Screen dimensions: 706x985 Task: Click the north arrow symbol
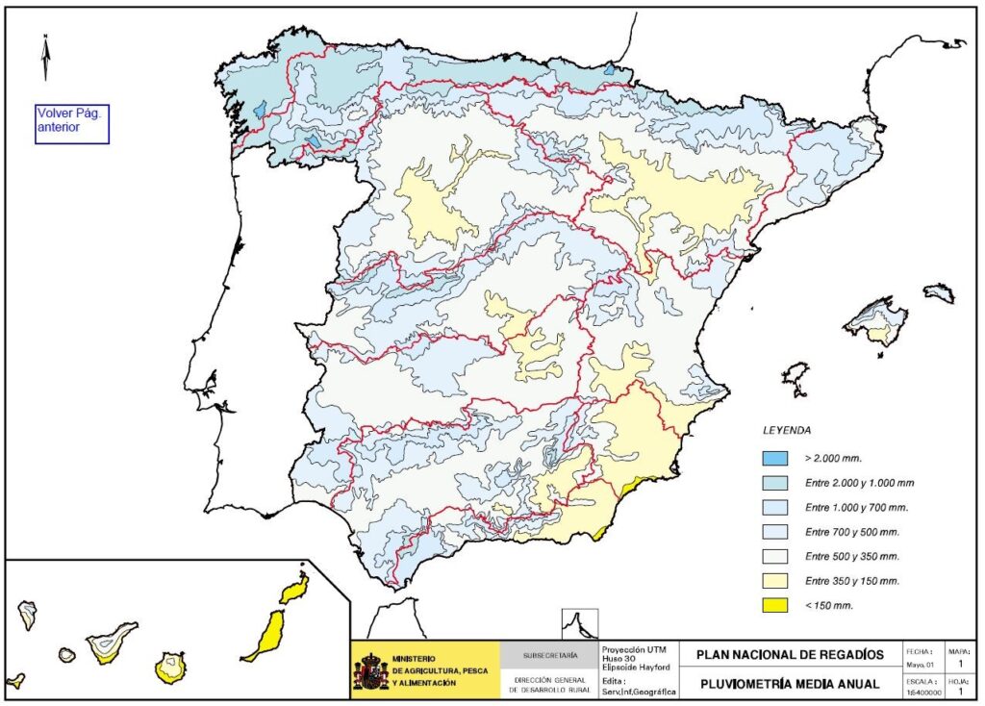pos(45,57)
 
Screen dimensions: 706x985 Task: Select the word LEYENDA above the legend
pos(786,429)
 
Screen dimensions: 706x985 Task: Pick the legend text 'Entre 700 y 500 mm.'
pos(856,532)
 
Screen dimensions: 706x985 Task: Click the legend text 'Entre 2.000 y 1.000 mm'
pos(859,483)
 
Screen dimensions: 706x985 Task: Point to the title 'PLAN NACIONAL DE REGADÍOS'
pos(791,655)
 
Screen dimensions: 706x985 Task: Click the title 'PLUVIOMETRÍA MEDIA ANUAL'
pos(791,684)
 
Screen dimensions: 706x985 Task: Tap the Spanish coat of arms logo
pos(371,671)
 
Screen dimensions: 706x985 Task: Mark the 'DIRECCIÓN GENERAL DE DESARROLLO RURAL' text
pos(550,685)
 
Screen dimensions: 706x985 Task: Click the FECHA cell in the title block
pos(918,658)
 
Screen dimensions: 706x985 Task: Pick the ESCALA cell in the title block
pos(918,687)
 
